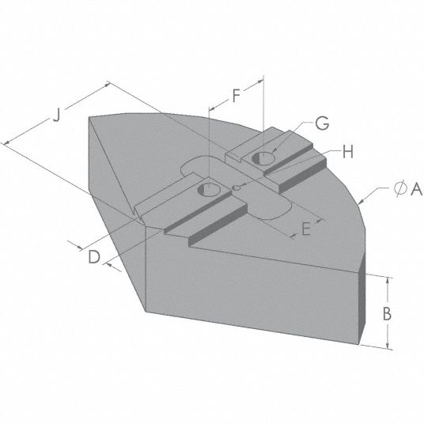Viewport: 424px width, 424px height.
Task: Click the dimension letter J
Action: pos(55,115)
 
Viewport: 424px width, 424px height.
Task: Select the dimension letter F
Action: pos(236,97)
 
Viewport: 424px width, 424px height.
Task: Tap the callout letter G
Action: pos(321,123)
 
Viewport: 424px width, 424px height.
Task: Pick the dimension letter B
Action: pos(388,312)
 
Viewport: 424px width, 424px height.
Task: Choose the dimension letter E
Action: pos(306,229)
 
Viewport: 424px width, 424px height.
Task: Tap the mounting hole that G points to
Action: pos(261,160)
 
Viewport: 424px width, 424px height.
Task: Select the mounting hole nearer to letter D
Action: pos(209,190)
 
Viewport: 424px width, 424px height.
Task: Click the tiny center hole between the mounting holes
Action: pos(237,187)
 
